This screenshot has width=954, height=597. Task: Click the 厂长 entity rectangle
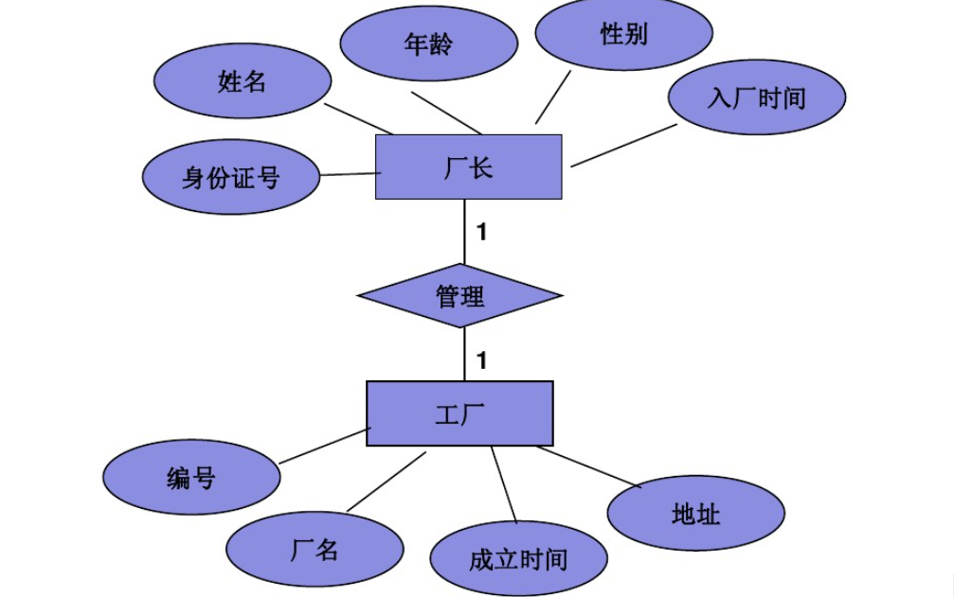coord(468,167)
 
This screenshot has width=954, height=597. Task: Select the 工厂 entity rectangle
coord(459,413)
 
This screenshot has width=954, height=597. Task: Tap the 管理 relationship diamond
coord(459,296)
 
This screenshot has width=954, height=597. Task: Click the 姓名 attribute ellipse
coord(242,82)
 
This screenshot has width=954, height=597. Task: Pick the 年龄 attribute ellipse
coord(428,44)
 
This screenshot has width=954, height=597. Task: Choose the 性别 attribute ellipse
coord(623,35)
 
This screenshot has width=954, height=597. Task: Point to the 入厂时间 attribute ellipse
coord(756,97)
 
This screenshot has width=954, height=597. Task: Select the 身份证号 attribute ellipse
coord(230,178)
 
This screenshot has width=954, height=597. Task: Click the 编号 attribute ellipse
coord(191,478)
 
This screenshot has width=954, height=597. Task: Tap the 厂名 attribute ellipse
coord(315,550)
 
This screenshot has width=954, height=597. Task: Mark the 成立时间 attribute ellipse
coord(517,559)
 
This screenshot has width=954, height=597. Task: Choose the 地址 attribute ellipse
coord(695,515)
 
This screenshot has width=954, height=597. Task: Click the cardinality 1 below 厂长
coord(481,232)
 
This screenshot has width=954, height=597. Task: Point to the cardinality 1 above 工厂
coord(481,360)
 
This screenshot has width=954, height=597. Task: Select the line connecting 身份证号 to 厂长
coord(350,174)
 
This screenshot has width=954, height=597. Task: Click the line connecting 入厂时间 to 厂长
coord(623,146)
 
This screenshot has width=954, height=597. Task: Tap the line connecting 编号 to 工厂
coord(324,446)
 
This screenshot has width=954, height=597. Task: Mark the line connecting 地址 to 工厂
coord(588,466)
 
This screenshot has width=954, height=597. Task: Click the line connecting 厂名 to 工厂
coord(387,482)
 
